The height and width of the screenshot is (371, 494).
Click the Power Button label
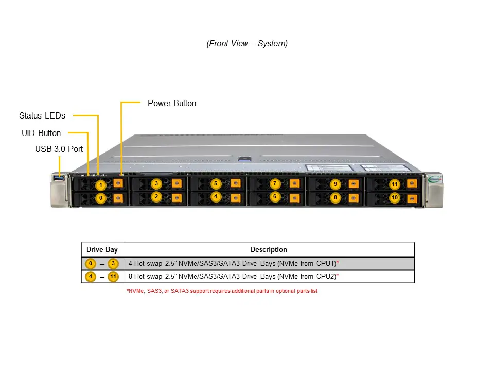coord(172,103)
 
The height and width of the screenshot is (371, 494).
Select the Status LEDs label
coord(42,115)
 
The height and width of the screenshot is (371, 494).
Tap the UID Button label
coord(41,133)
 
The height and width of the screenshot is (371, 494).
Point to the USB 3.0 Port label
coord(59,149)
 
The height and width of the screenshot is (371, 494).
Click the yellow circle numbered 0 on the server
coord(101,198)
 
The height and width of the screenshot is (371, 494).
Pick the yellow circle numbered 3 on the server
coord(156,183)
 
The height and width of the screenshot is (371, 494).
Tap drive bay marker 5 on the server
coord(216,183)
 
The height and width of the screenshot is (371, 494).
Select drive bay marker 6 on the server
coord(275,196)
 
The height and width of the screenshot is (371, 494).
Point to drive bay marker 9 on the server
coord(335,184)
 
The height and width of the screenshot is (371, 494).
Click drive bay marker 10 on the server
coord(395,197)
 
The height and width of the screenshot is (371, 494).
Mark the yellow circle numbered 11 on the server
coord(395,184)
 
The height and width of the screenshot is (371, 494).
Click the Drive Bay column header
coord(102,249)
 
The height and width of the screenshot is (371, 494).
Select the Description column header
coord(269,249)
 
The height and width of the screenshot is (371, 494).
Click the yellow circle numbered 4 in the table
coord(91,277)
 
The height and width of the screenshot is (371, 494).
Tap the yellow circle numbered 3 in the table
coord(113,264)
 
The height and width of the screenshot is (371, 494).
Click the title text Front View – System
coord(247,43)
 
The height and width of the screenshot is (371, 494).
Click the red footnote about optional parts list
coord(222,291)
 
